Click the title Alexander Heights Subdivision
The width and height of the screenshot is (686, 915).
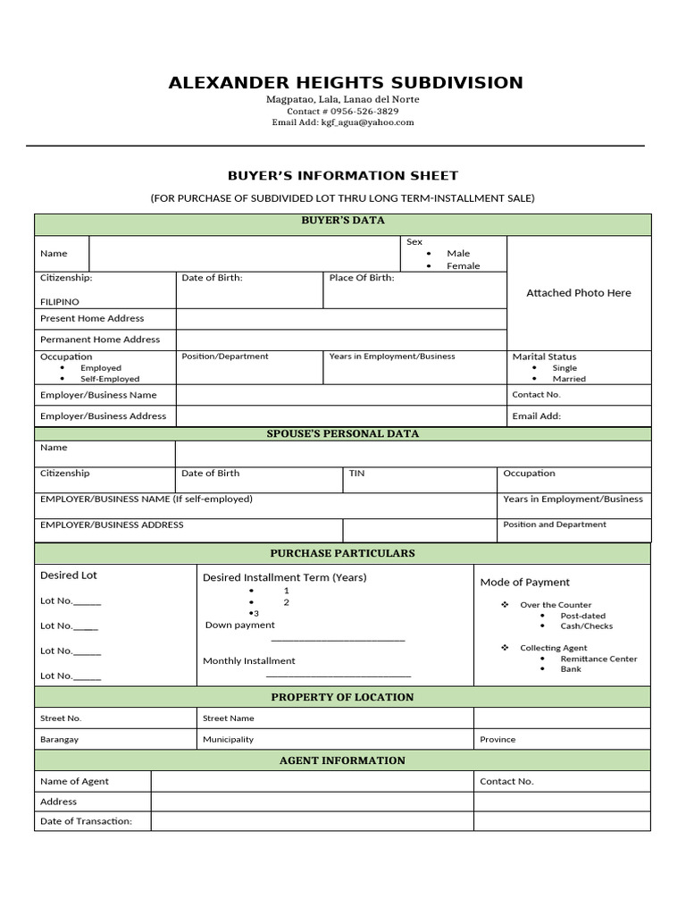tap(346, 83)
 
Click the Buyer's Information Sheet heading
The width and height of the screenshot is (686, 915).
tap(342, 175)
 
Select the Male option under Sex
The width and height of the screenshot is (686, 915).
tap(458, 254)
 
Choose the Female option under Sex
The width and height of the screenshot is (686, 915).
tap(463, 266)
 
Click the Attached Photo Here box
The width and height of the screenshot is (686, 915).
tap(578, 293)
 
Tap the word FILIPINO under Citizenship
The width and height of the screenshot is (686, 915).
tap(60, 302)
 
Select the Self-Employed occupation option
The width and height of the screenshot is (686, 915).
tap(110, 379)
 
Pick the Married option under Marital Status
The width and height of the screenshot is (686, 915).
tap(569, 379)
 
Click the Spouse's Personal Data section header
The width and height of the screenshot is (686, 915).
tap(342, 433)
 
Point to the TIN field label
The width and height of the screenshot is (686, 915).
tap(356, 474)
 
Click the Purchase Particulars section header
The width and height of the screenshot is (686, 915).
tap(342, 553)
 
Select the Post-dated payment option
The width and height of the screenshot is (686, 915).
tap(582, 616)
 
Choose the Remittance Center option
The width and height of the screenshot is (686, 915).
tap(598, 659)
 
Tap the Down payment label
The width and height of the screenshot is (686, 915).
tap(240, 625)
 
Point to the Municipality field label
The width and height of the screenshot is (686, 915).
tap(228, 740)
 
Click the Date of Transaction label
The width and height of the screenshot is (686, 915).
tap(86, 821)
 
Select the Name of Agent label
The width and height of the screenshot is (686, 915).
tap(74, 781)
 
